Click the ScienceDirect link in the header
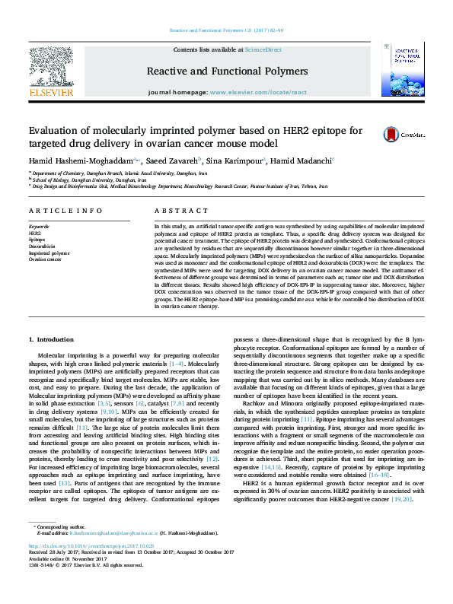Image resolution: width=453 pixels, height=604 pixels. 263,49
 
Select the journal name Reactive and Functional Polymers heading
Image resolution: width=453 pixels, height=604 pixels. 227,70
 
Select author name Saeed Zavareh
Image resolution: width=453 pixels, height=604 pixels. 171,161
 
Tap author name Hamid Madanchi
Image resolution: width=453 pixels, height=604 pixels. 302,161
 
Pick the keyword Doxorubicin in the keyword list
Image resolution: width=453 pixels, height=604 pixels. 41,246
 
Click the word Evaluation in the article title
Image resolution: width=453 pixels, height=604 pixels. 56,130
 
